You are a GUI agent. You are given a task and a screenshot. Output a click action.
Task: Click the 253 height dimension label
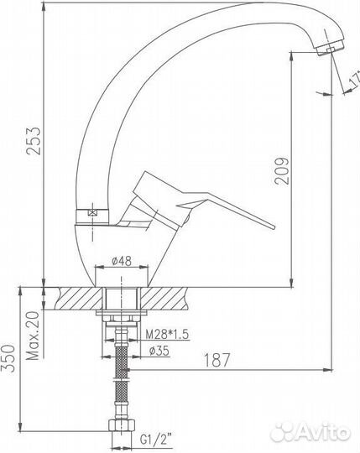[34, 141]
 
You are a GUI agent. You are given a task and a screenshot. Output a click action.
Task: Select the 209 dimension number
[282, 170]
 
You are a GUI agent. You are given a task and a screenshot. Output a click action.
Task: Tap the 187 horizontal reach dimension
[217, 360]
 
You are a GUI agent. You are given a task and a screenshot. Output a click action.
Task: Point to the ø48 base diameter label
[122, 261]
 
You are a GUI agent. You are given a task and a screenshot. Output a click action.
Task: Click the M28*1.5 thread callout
[167, 335]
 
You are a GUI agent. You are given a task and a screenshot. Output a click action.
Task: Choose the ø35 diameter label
[159, 351]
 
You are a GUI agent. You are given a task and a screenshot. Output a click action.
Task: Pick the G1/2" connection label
[156, 440]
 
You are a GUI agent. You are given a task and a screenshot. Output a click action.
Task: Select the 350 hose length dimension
[8, 358]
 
